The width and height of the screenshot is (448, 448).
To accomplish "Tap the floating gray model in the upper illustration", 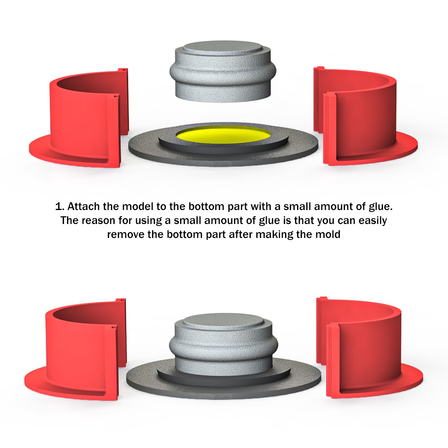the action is (x=223, y=71).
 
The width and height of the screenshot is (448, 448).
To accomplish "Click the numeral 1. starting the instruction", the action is (x=59, y=206).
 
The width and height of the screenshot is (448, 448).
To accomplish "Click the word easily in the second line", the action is (x=373, y=220).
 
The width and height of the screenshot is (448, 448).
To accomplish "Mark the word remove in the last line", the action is (x=126, y=234).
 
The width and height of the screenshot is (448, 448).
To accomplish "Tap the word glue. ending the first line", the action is (x=381, y=207).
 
